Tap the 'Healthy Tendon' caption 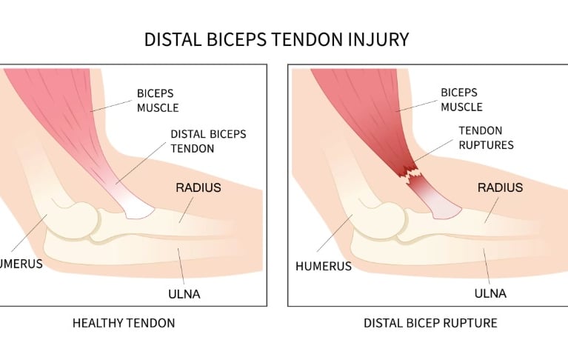[124, 323]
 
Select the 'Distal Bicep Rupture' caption [430, 323]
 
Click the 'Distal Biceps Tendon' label [208, 141]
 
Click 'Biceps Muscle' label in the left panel [158, 101]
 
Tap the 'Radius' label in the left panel [198, 187]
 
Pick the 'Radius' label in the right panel [501, 187]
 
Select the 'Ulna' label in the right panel [490, 293]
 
